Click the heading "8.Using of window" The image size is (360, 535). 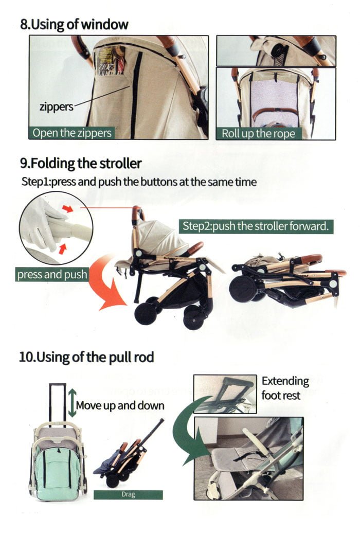coord(74,24)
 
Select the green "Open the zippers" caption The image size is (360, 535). coord(71,133)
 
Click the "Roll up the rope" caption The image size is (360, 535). coord(259,133)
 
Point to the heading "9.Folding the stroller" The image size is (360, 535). coord(81,164)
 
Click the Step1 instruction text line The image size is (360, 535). coord(139,182)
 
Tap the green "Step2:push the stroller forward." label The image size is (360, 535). coord(256,226)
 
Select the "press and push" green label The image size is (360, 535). coord(52,274)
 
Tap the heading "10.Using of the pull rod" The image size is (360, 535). coord(86,356)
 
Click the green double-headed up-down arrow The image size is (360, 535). coord(72,404)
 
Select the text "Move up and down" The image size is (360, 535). coord(120,405)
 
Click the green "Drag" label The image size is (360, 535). coord(128,495)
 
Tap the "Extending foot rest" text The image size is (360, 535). coord(285,388)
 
